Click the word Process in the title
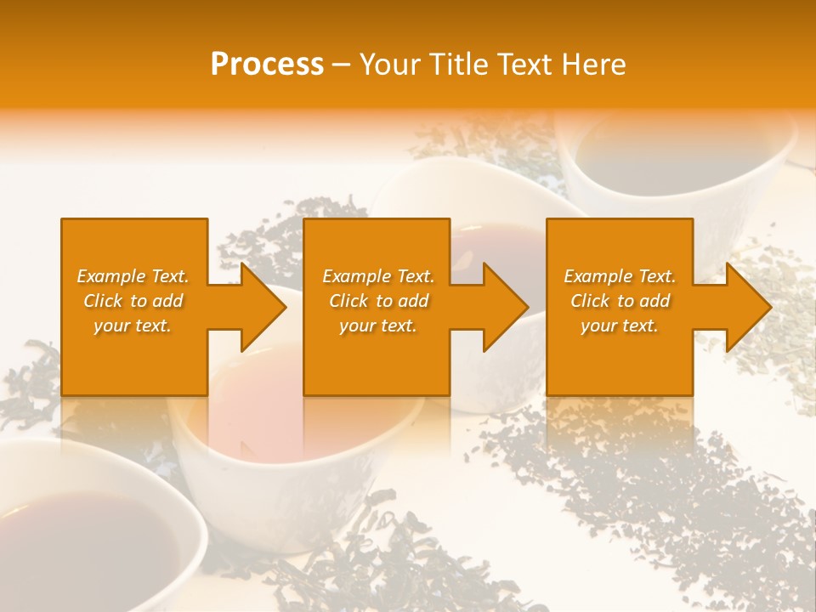[x=267, y=65]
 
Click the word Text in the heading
[x=524, y=65]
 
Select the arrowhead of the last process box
[x=747, y=307]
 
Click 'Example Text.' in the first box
[x=133, y=276]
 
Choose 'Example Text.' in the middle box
[x=378, y=276]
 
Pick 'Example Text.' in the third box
[x=620, y=276]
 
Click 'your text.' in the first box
[x=133, y=326]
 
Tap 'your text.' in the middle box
[x=378, y=326]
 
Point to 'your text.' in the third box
[x=620, y=326]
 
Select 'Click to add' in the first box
[x=133, y=301]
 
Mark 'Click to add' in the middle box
[x=378, y=301]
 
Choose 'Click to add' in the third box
[x=620, y=301]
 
